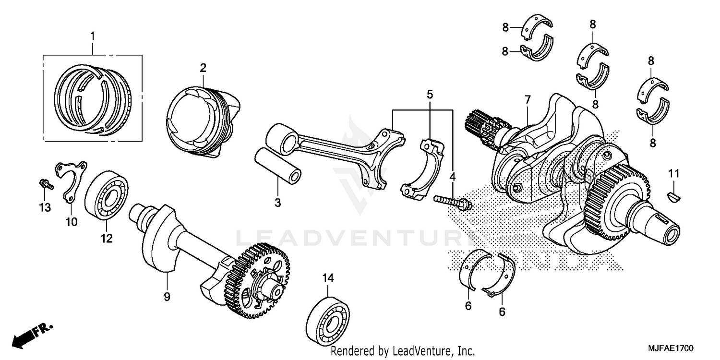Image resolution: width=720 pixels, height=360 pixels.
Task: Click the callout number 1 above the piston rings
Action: coord(93,36)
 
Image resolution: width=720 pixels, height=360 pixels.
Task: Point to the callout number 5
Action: coord(430,94)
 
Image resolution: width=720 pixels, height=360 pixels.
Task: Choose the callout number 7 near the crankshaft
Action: coord(528,100)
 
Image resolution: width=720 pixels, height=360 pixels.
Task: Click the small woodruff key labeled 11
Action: coord(673,194)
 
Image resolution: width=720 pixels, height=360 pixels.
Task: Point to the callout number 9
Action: coord(167,297)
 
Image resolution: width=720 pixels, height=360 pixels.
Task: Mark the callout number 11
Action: coord(673,173)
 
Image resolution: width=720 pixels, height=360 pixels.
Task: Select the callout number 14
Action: coord(328,277)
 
